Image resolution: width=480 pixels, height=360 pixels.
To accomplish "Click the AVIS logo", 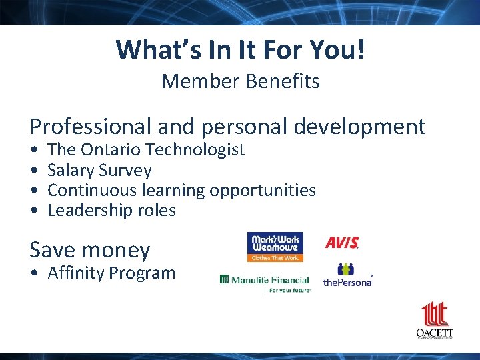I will coord(342,243).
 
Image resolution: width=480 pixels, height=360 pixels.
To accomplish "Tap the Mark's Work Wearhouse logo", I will coord(275,247).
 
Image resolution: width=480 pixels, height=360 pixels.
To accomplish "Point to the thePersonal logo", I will coord(347,275).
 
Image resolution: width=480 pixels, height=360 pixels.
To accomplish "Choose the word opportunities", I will coord(263,191).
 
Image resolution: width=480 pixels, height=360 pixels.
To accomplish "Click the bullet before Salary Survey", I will coord(33,171).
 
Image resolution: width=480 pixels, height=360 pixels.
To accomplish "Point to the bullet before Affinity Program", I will coord(33,273).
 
